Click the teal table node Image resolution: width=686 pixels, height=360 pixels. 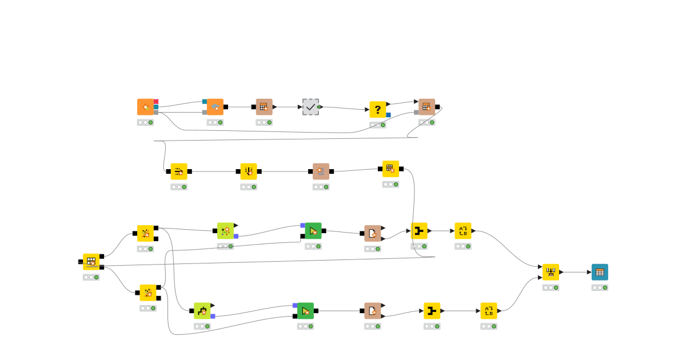(x=600, y=272)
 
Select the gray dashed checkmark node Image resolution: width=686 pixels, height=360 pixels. (x=310, y=107)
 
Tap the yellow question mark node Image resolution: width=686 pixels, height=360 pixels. (x=377, y=109)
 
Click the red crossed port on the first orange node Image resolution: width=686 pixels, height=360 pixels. (x=156, y=101)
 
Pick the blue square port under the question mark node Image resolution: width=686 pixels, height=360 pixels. (x=388, y=115)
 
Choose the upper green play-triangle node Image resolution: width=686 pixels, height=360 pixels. (x=313, y=231)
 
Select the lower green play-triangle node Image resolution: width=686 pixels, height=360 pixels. (x=305, y=311)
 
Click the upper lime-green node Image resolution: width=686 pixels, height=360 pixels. (x=225, y=231)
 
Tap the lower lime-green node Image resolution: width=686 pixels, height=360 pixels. (x=202, y=311)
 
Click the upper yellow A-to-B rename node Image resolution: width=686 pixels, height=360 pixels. (x=463, y=231)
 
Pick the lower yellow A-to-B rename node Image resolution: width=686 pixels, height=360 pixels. (x=489, y=311)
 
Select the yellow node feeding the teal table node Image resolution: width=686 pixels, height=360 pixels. (x=551, y=272)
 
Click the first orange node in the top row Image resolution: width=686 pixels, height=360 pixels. (x=145, y=107)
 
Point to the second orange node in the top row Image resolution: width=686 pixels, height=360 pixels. (x=215, y=107)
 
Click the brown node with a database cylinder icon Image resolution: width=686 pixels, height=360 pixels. (x=321, y=171)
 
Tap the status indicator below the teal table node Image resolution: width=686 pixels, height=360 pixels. (x=600, y=287)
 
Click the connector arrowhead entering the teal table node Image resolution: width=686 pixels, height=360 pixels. (x=589, y=272)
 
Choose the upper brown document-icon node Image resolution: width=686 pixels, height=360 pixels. (x=373, y=233)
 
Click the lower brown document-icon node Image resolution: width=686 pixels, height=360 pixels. (x=373, y=311)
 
